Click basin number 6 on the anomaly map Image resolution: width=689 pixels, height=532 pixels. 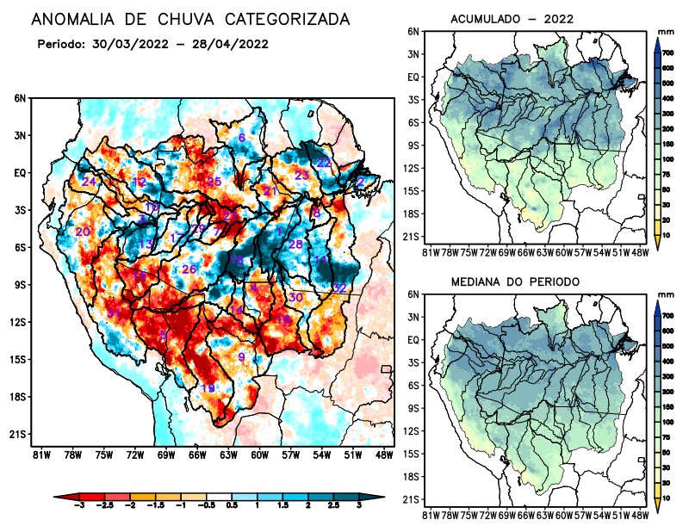click(x=242, y=138)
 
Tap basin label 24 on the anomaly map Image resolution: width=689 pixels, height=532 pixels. click(x=89, y=182)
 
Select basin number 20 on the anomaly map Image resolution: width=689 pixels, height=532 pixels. click(x=83, y=232)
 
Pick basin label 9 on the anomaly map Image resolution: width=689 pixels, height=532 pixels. click(x=242, y=357)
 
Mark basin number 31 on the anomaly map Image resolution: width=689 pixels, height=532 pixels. click(x=114, y=312)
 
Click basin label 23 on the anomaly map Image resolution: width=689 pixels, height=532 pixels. click(x=301, y=176)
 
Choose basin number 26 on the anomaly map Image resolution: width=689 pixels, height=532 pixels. click(x=189, y=269)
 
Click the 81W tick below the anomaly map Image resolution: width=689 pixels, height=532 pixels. click(x=39, y=454)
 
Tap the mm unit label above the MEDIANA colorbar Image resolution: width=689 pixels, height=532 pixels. click(x=664, y=294)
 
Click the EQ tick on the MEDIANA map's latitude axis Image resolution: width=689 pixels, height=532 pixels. click(x=413, y=339)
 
